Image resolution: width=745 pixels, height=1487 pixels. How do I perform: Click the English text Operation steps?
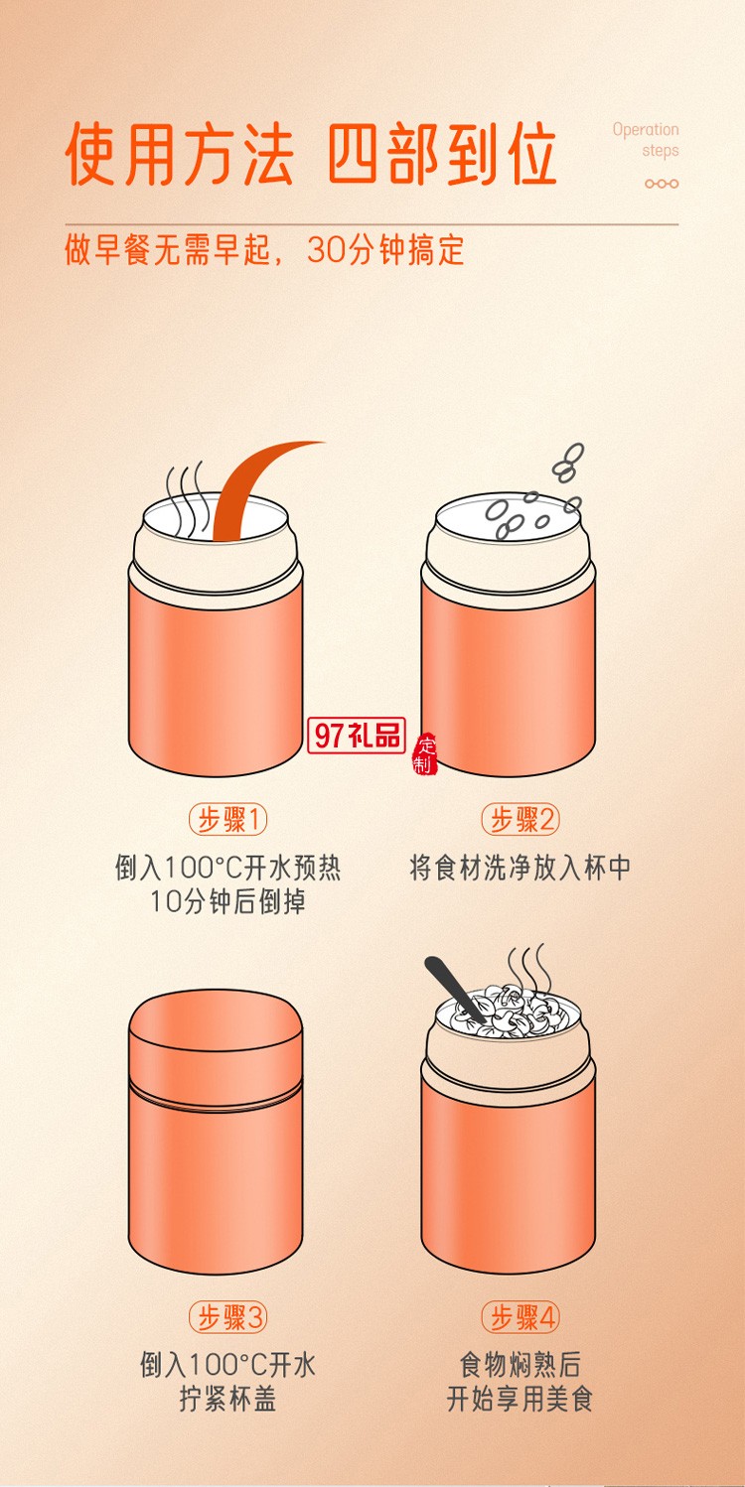[x=646, y=140]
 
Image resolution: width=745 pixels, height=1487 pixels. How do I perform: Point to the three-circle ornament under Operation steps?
[x=662, y=184]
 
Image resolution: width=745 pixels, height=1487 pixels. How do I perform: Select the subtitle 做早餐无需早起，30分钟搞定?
[x=264, y=250]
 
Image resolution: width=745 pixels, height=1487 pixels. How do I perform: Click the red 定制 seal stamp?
[x=425, y=755]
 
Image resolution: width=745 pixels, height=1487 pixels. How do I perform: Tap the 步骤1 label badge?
[x=229, y=820]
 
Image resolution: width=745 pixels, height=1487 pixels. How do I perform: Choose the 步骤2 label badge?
[x=521, y=820]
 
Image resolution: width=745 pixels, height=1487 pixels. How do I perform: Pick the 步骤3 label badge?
[x=229, y=1317]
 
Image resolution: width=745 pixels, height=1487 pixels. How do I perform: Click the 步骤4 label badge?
[x=521, y=1317]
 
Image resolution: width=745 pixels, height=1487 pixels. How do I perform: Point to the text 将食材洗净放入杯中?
[x=521, y=868]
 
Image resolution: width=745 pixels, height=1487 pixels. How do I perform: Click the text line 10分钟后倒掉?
[x=227, y=901]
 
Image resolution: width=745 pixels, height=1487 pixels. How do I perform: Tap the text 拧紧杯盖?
[x=227, y=1400]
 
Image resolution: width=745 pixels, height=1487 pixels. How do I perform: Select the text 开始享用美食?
[x=520, y=1400]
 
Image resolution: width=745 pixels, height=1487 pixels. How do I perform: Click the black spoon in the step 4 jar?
[x=452, y=985]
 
